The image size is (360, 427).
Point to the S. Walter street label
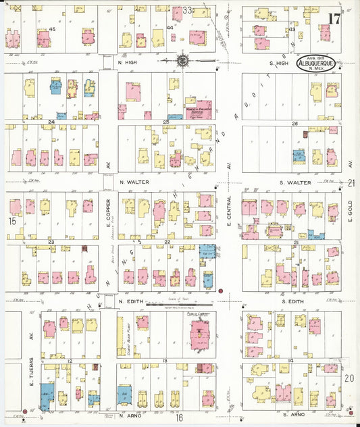coord(294,182)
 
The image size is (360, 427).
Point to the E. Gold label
coord(351,209)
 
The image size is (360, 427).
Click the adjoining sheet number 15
coord(11,221)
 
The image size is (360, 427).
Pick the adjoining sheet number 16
coord(180,418)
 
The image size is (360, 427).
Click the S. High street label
coord(280,63)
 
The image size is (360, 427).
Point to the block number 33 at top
coord(187,10)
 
